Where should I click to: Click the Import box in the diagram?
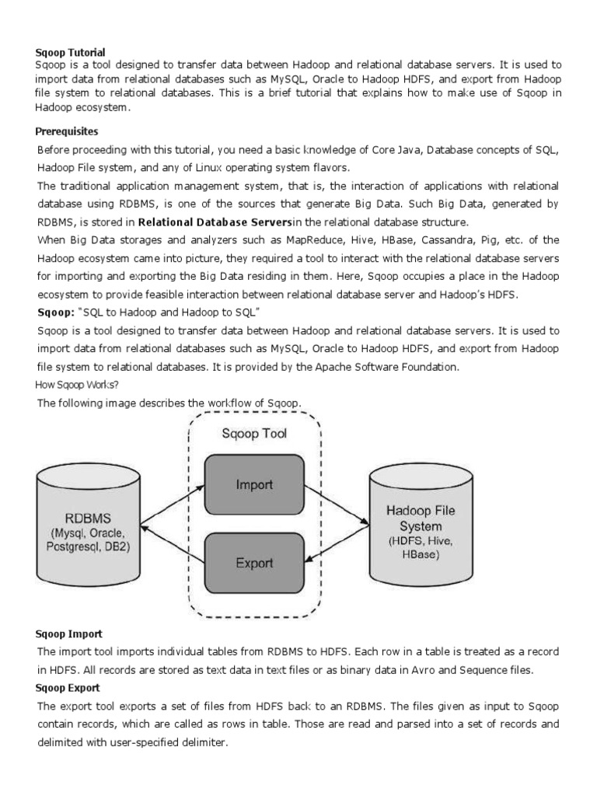click(253, 484)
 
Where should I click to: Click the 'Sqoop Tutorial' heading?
click(70, 52)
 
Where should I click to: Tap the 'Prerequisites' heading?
click(67, 131)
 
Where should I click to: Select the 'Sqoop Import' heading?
click(69, 634)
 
